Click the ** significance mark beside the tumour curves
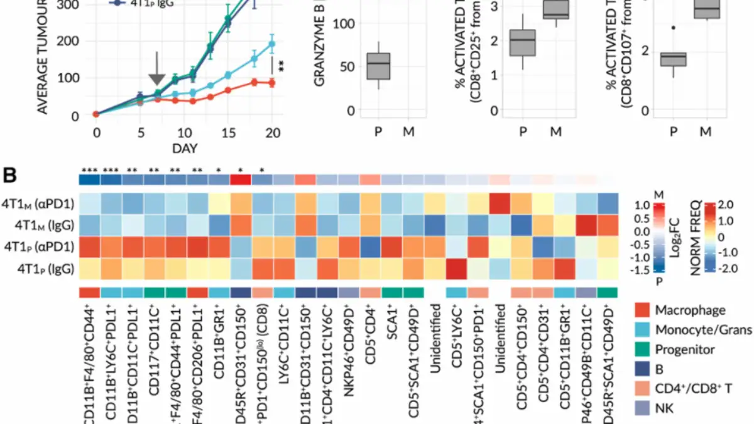281,66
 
